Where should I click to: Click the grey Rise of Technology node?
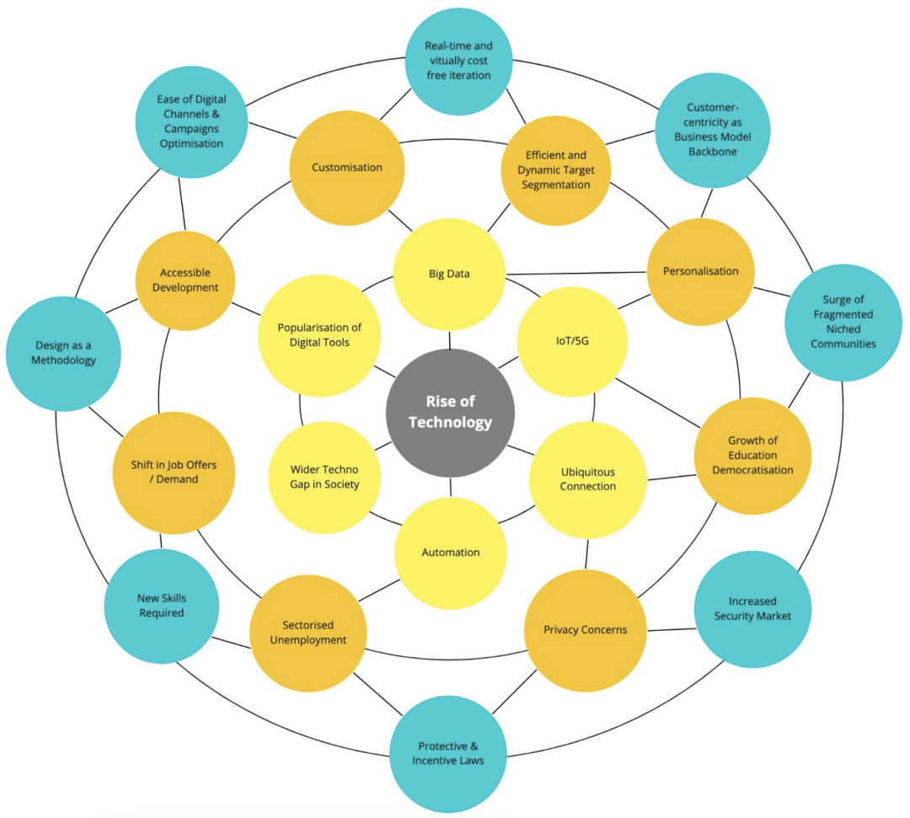[450, 413]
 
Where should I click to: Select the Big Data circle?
[449, 275]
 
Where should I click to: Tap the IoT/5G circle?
[572, 342]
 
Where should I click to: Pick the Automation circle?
[451, 553]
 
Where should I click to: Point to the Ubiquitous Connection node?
[588, 480]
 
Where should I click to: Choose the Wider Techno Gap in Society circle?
[324, 478]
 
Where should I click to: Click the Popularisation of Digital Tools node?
[319, 336]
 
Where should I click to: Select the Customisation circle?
[347, 168]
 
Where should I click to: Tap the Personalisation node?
[700, 271]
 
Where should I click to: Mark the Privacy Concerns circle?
[585, 631]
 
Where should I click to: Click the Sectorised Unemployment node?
[308, 633]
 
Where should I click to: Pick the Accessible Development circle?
[185, 281]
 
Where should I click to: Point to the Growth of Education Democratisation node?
[752, 456]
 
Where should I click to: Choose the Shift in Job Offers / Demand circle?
[174, 473]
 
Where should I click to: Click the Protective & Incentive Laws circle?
[448, 754]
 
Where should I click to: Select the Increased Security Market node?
[752, 609]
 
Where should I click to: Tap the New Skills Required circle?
[161, 607]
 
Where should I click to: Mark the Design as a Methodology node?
[63, 353]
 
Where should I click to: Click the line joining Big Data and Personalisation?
[576, 273]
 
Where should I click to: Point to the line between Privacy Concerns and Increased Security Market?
[671, 629]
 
